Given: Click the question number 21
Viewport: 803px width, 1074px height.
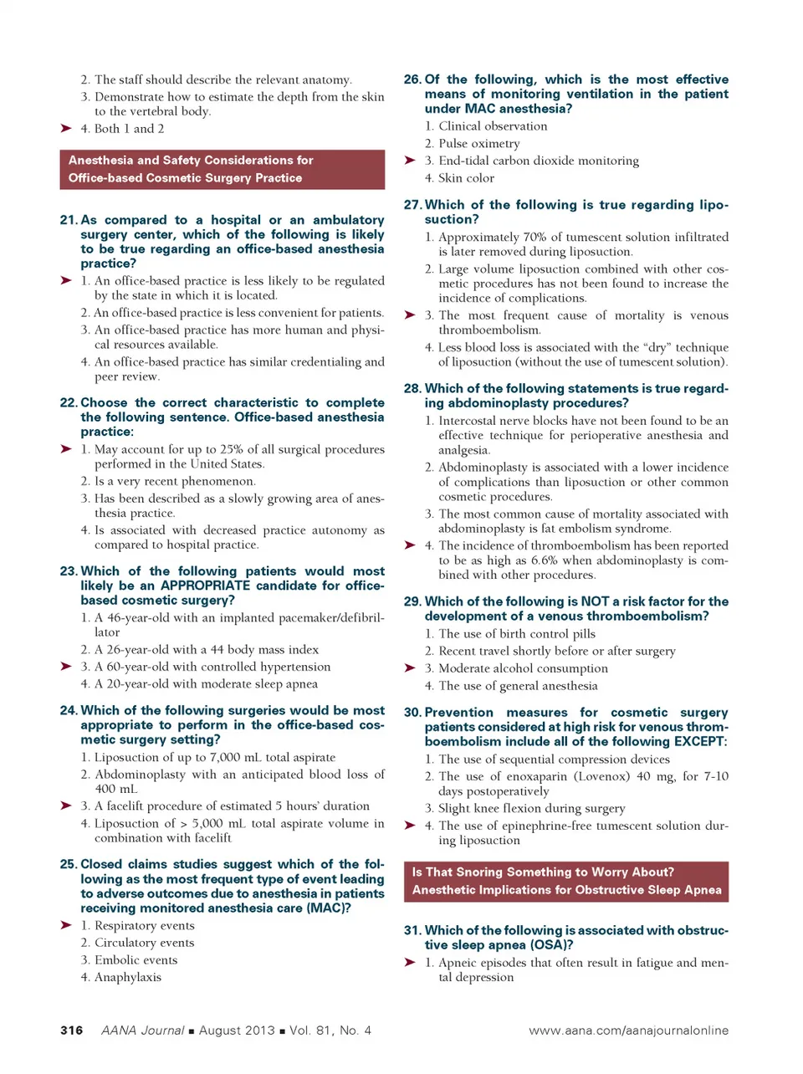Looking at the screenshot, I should point(69,220).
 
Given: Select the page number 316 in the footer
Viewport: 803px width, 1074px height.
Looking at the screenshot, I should point(72,1031).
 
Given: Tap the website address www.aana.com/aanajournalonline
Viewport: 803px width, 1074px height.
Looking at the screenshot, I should point(628,1031).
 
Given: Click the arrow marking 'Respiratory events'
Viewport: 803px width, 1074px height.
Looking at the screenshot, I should point(66,925).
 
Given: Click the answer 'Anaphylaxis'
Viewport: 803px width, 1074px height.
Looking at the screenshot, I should point(128,977).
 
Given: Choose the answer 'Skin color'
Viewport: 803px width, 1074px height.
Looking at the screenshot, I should point(467,177).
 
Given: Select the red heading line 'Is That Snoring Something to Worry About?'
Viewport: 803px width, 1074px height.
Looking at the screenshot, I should point(543,872).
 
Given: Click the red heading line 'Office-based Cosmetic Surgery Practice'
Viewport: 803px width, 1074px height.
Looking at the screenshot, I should point(186,177).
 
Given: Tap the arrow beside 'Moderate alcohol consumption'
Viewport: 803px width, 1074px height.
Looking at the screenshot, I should point(410,668).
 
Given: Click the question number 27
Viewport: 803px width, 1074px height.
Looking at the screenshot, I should point(412,205).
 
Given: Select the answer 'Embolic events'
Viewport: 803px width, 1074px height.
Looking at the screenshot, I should point(136,959).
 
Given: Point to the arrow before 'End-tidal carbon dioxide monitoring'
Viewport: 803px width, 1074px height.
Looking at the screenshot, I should point(410,161).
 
